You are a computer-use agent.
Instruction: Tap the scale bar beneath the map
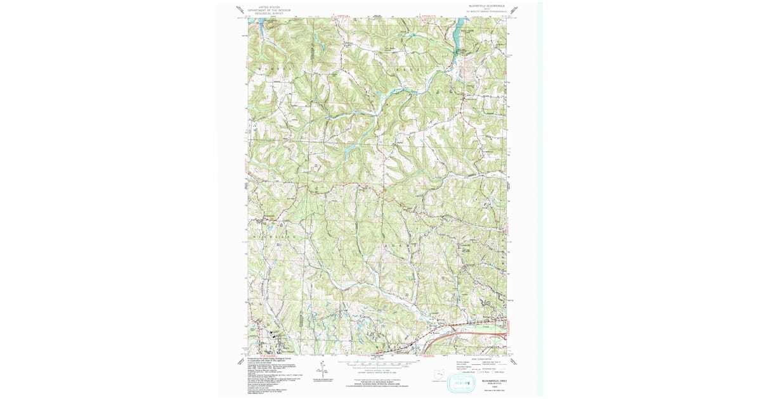pyautogui.click(x=380, y=364)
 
